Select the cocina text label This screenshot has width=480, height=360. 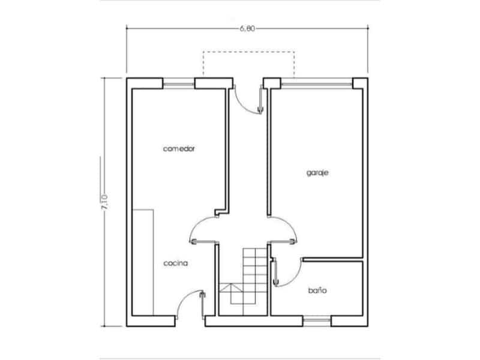[x=176, y=263]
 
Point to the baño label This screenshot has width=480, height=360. [x=317, y=290]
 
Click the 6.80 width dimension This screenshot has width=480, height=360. [x=247, y=28]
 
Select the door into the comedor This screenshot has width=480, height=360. [x=202, y=230]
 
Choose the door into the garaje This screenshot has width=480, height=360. [x=284, y=230]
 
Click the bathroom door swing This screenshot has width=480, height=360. [x=287, y=273]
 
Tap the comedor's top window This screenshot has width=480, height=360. [x=178, y=83]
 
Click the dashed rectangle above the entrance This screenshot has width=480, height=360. [x=248, y=65]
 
